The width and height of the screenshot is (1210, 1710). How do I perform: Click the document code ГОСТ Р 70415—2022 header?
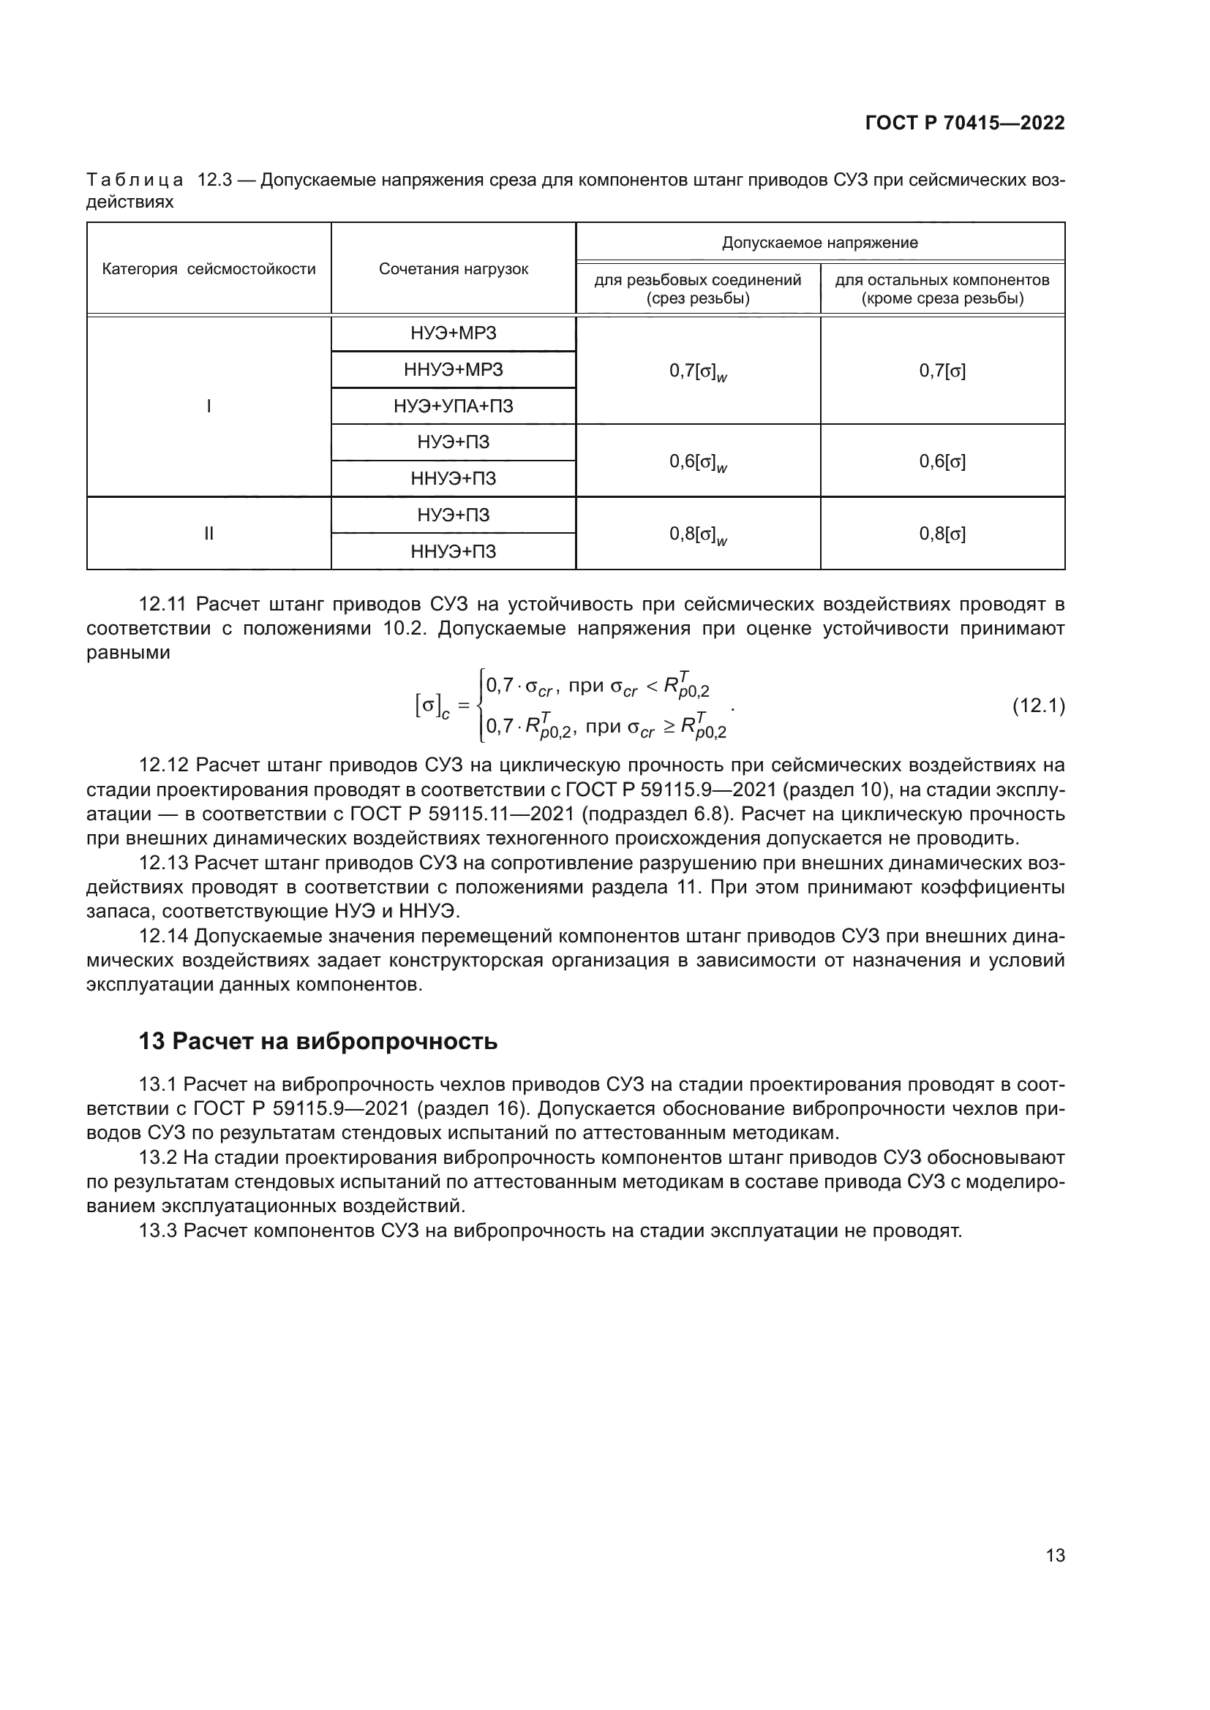[x=964, y=124]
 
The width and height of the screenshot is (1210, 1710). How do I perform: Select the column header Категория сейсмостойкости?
[x=208, y=269]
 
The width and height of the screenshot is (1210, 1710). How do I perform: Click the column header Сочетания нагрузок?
[x=453, y=269]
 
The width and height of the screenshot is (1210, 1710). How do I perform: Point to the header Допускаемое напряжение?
[x=819, y=243]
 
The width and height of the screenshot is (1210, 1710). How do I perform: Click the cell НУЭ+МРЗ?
[x=453, y=333]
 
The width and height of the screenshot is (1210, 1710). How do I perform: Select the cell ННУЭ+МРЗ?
[x=453, y=370]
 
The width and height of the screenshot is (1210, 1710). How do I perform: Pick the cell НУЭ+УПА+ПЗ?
[x=453, y=406]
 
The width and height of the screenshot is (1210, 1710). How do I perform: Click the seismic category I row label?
[x=208, y=406]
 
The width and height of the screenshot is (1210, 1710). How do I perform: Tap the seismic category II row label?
[x=208, y=534]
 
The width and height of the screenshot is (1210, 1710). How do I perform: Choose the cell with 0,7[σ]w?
[x=697, y=371]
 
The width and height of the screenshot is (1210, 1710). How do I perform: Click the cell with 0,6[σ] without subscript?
[x=942, y=462]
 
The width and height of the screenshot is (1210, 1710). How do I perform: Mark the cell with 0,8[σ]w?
[x=697, y=534]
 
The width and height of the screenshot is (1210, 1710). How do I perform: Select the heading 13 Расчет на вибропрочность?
[x=318, y=1041]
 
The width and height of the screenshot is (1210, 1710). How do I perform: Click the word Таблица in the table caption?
[x=135, y=181]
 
